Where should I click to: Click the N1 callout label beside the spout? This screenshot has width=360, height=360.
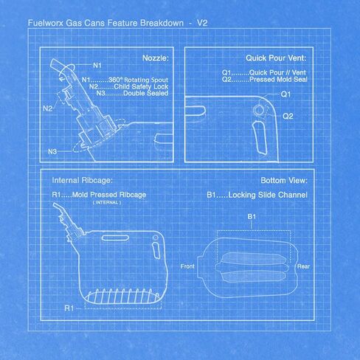pyautogui.click(x=97, y=65)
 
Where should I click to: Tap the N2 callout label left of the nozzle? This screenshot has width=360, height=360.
pyautogui.click(x=47, y=108)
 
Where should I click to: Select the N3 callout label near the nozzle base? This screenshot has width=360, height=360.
pyautogui.click(x=52, y=151)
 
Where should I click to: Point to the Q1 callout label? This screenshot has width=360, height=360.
pyautogui.click(x=285, y=94)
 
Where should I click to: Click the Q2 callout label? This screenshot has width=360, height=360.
pyautogui.click(x=288, y=116)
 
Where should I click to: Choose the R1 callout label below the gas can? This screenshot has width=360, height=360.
pyautogui.click(x=69, y=308)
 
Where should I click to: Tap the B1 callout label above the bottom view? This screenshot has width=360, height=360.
pyautogui.click(x=252, y=217)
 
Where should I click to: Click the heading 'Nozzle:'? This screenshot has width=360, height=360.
pyautogui.click(x=156, y=58)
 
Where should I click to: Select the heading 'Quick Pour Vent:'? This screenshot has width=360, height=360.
pyautogui.click(x=276, y=58)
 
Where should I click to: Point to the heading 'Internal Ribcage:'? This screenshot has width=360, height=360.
pyautogui.click(x=83, y=181)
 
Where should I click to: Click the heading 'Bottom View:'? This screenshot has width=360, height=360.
pyautogui.click(x=284, y=181)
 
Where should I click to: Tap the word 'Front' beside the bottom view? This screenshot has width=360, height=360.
pyautogui.click(x=187, y=266)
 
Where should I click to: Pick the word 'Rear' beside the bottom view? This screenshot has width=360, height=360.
pyautogui.click(x=303, y=266)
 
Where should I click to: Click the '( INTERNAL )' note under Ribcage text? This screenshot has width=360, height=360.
pyautogui.click(x=107, y=203)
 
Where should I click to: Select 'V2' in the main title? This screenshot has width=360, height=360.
pyautogui.click(x=202, y=23)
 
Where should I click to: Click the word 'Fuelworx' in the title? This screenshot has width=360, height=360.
pyautogui.click(x=46, y=23)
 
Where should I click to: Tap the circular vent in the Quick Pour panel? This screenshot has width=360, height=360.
pyautogui.click(x=258, y=111)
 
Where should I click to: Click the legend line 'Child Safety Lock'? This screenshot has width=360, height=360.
pyautogui.click(x=141, y=86)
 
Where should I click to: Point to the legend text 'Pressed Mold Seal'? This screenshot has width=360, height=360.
pyautogui.click(x=278, y=80)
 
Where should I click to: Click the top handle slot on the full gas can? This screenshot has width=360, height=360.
pyautogui.click(x=115, y=238)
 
